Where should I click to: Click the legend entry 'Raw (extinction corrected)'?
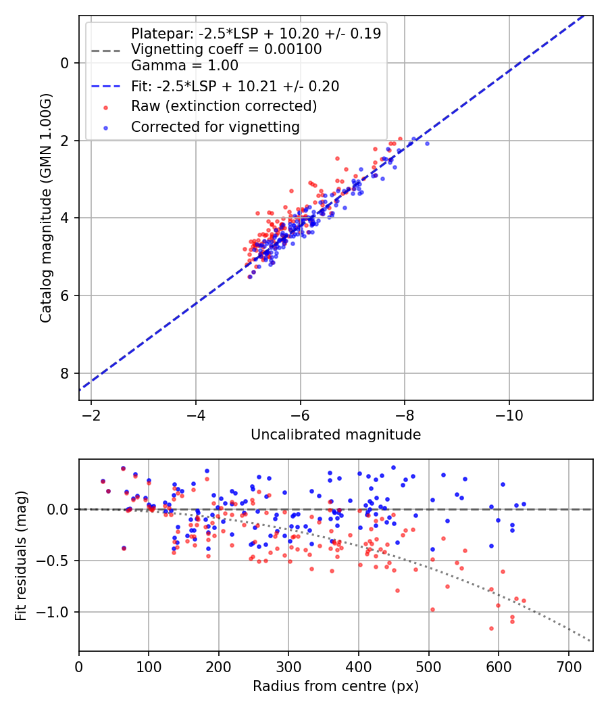224,106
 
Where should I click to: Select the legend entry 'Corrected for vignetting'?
215,126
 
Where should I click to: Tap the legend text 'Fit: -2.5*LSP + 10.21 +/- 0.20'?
235,86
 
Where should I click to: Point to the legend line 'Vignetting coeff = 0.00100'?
226,49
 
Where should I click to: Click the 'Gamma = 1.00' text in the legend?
184,66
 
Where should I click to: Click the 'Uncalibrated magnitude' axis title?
336,435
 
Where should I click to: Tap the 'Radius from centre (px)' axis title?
336,686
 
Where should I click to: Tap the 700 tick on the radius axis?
568,666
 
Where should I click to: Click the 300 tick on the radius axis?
288,666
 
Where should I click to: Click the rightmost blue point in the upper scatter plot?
426,143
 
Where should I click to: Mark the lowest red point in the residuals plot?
491,628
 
